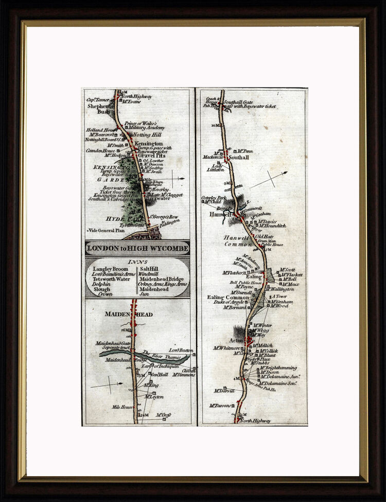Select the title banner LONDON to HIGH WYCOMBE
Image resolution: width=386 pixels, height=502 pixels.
click(137, 249)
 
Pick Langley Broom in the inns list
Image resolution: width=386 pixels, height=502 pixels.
click(110, 269)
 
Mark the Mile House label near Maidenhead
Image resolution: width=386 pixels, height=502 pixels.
click(122, 407)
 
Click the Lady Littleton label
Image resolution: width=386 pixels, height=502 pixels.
click(216, 167)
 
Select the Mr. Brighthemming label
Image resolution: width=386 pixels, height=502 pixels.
click(278, 368)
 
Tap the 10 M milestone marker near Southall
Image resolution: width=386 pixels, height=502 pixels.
click(214, 125)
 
